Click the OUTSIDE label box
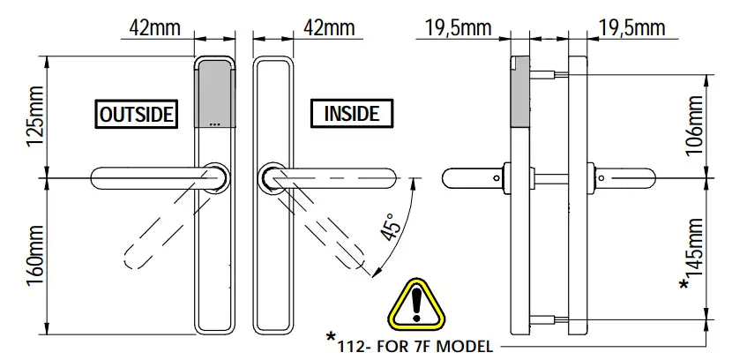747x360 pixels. point(137,115)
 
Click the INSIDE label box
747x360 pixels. point(351,115)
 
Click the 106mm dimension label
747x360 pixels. point(696,125)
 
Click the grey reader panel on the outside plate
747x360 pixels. point(214,91)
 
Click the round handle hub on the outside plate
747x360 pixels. point(214,176)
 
